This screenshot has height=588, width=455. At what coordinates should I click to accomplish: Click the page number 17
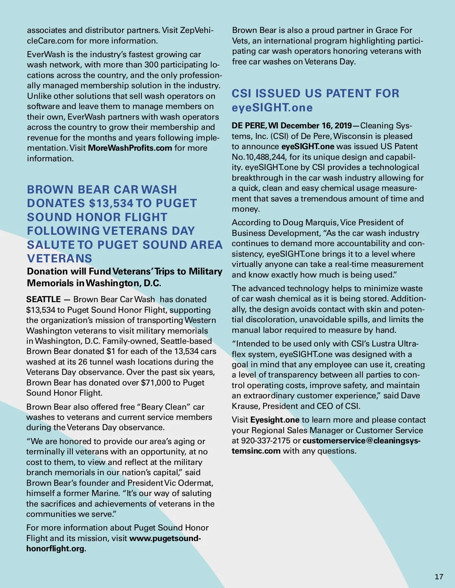coord(439,577)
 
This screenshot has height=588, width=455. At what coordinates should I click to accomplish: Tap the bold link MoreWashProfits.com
coord(130,148)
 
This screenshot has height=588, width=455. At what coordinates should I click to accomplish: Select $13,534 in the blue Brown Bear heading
coord(111,203)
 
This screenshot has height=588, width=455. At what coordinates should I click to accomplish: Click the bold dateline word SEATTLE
coord(44,299)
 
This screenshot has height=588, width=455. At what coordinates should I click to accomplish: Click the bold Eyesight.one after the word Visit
coord(275,420)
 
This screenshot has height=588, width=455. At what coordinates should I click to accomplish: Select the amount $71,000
coord(155,383)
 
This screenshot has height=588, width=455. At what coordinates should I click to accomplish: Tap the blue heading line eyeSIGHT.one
coord(272,108)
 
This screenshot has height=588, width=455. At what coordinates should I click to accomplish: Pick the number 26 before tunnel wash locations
coord(83,362)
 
